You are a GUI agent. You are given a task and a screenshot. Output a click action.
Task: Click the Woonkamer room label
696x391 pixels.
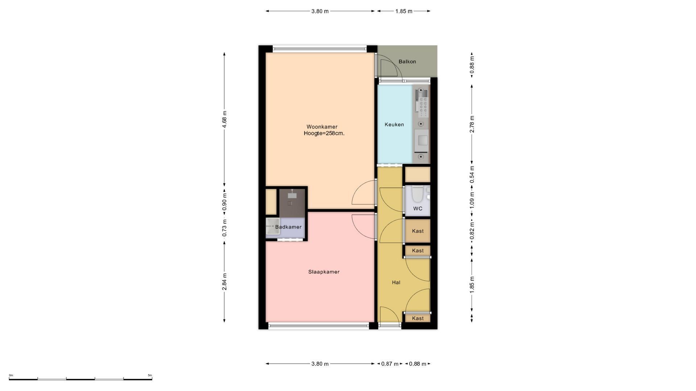click(322, 127)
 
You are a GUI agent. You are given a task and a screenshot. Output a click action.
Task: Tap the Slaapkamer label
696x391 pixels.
click(324, 272)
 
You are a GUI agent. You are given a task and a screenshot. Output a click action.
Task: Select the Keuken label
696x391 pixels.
click(394, 125)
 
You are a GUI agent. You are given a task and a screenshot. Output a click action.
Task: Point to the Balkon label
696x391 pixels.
click(407, 62)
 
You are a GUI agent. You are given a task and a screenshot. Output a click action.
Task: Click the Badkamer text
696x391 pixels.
click(288, 227)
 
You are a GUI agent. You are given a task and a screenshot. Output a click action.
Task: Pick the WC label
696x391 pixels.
click(418, 209)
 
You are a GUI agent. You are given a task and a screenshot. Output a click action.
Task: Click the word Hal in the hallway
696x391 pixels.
click(396, 282)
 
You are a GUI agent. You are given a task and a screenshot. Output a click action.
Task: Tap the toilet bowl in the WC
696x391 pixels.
click(417, 194)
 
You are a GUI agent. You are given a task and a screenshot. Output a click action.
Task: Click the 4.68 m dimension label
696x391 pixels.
click(225, 119)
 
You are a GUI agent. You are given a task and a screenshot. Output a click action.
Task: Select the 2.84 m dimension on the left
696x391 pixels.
click(225, 282)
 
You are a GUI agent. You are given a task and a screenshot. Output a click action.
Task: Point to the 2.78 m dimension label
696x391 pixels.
click(472, 124)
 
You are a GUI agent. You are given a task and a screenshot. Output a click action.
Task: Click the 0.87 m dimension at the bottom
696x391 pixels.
click(390, 364)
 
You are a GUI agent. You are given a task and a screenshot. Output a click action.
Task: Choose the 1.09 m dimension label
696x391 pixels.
click(472, 199)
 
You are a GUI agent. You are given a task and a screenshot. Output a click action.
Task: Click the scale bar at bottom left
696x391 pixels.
click(80, 379)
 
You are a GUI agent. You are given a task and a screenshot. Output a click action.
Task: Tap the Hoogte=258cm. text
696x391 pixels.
click(324, 133)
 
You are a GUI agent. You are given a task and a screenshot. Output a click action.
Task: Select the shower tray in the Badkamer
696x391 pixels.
click(272, 227)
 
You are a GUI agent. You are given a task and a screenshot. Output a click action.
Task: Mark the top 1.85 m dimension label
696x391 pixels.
click(404, 11)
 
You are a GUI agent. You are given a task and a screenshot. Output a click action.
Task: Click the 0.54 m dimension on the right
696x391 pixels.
click(472, 175)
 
